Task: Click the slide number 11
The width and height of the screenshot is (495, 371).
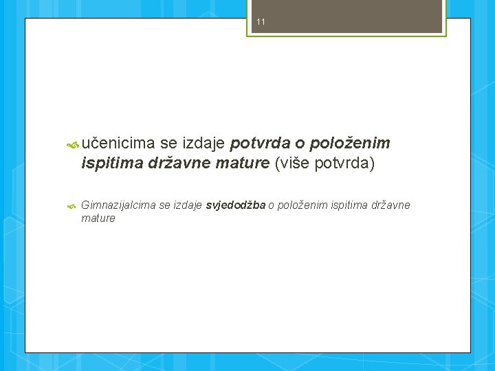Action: tap(261, 22)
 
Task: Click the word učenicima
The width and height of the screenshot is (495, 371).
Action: tap(118, 144)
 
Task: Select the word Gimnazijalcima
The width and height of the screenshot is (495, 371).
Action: tap(118, 205)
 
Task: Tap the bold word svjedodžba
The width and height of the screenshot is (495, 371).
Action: tap(236, 205)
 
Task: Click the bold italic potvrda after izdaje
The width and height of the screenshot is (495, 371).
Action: tap(260, 144)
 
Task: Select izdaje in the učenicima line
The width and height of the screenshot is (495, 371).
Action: tap(203, 144)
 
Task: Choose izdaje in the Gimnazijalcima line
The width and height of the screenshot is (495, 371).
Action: tap(187, 205)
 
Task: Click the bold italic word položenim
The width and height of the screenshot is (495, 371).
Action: tap(351, 144)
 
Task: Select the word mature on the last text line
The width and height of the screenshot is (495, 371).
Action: tap(98, 218)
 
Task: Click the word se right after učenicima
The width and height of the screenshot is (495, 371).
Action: tap(168, 144)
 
